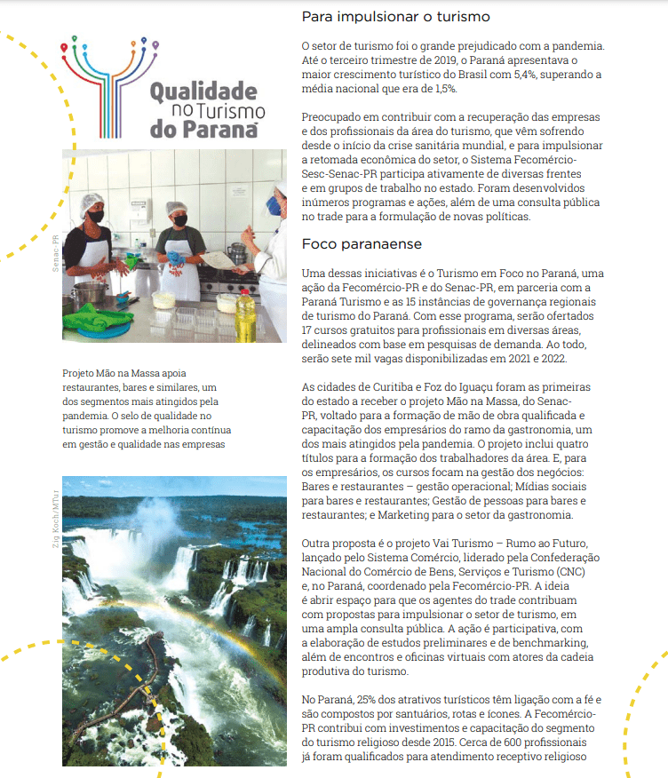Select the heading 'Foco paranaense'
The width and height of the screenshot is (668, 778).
(361, 243)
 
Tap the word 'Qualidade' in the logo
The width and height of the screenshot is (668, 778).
(203, 91)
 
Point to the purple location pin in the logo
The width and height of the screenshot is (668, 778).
(155, 43)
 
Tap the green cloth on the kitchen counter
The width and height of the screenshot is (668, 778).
(98, 314)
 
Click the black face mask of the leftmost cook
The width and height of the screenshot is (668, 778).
(95, 216)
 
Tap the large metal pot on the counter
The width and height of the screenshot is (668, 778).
(88, 294)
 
